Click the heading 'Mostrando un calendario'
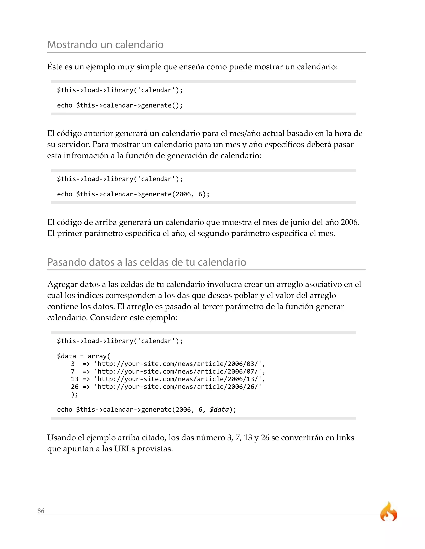coord(105,45)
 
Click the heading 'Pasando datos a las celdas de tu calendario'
coord(147,262)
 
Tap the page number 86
coord(41,511)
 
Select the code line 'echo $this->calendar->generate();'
coord(120,105)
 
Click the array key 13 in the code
coord(74,379)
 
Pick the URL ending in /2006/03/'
coord(180,364)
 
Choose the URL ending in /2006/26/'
coord(178,387)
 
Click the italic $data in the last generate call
coord(219,410)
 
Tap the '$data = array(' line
coord(84,356)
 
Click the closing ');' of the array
coord(74,394)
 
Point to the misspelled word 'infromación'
coord(86,156)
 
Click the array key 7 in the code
coord(73,371)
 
